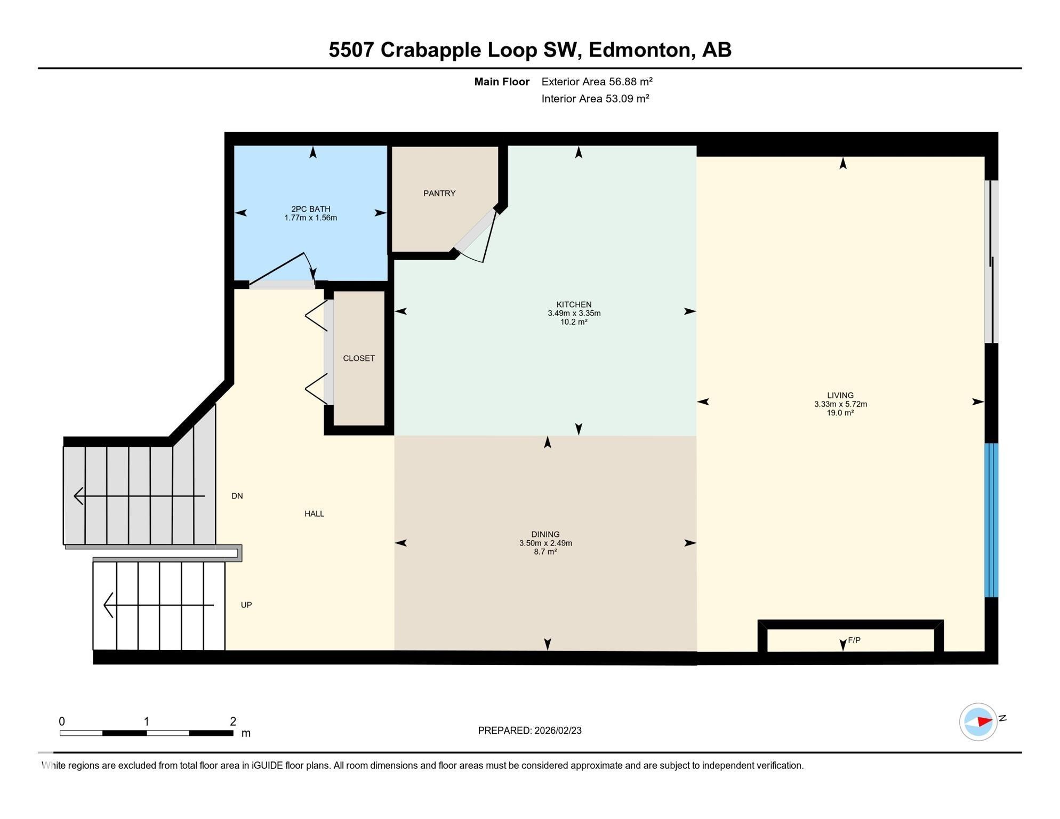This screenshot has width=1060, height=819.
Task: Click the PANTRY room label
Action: pos(439,194)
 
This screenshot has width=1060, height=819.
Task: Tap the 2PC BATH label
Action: pos(310,209)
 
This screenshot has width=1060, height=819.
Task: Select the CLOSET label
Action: pos(358,358)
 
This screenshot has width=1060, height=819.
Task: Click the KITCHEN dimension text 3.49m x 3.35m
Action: pos(574,314)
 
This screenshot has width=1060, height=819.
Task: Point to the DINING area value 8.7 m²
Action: pos(545,552)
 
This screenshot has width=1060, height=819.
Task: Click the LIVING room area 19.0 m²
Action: pos(840,413)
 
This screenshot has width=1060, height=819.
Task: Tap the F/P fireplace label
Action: pos(854,640)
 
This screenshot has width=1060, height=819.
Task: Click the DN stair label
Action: pos(237,496)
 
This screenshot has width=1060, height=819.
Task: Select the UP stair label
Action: pos(246,605)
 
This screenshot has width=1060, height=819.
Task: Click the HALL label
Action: pos(314,513)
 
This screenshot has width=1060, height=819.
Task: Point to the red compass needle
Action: pos(984,721)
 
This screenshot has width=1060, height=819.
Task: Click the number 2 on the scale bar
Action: pos(233,721)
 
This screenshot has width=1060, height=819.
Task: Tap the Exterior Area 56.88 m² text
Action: pos(597,82)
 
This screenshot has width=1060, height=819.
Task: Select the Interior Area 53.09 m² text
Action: pos(595,99)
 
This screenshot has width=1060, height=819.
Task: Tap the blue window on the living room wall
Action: pos(991,520)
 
